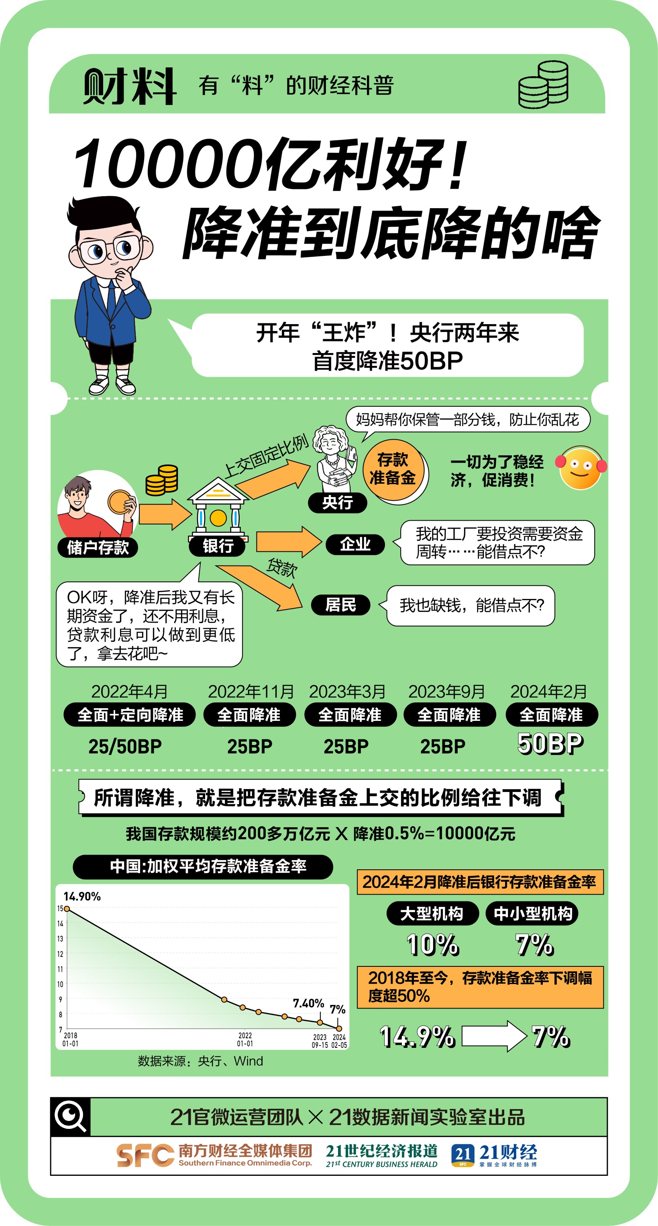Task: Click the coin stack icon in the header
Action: tap(543, 85)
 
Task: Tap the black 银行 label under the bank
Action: tap(217, 546)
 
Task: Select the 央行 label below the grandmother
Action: tap(338, 503)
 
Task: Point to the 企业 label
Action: tap(355, 544)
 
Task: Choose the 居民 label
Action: tap(340, 605)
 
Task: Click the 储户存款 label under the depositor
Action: tap(98, 547)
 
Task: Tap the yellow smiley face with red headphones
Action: tap(581, 467)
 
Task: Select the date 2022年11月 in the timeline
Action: tap(251, 692)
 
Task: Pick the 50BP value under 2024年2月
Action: tap(550, 743)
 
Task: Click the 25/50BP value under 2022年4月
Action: tap(125, 746)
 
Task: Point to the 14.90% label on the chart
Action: tap(82, 897)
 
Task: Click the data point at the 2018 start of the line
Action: tap(67, 909)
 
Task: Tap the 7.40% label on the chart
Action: tap(309, 1003)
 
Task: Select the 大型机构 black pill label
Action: tap(432, 913)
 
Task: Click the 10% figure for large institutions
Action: tap(433, 945)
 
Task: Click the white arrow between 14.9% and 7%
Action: tap(494, 1036)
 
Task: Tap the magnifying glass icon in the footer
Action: tap(71, 1116)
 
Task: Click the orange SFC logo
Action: tap(145, 1155)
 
